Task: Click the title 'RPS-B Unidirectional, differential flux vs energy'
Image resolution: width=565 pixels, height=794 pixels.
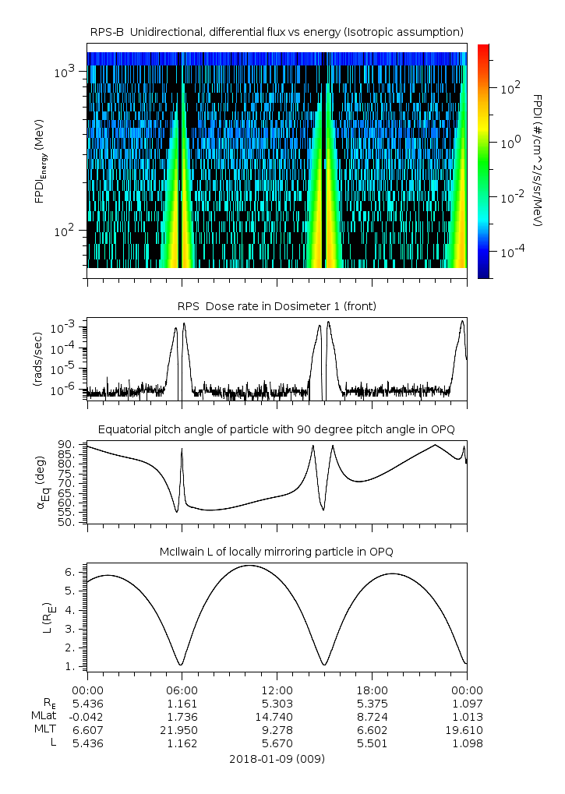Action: (277, 31)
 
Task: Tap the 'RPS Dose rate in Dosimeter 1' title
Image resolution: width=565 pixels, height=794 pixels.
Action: (277, 306)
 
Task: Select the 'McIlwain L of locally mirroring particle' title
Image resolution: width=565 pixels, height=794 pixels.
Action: (277, 552)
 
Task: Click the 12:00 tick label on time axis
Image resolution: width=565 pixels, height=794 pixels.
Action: (277, 690)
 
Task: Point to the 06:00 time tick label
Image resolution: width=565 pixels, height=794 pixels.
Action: (182, 690)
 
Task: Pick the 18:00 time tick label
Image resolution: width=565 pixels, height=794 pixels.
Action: (372, 690)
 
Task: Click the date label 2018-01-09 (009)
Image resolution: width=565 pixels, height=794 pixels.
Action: (277, 758)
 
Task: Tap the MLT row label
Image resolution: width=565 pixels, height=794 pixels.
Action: (41, 730)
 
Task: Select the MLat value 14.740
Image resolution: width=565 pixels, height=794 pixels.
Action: (277, 717)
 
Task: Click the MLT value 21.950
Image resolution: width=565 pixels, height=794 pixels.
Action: (182, 730)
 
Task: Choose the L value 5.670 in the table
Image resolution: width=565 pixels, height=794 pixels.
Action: (277, 743)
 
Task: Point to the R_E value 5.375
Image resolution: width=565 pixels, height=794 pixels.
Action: (372, 704)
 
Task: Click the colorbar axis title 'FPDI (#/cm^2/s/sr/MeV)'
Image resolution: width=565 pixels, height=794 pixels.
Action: (537, 160)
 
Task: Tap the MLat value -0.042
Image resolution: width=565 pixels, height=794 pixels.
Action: (87, 717)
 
